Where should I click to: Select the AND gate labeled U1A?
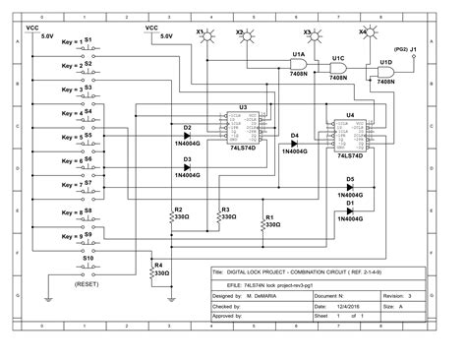click(x=296, y=63)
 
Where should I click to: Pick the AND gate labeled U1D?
click(x=386, y=74)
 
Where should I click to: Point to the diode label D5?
click(x=349, y=179)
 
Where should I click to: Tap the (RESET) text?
click(x=86, y=284)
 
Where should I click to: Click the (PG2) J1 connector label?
click(x=406, y=47)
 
